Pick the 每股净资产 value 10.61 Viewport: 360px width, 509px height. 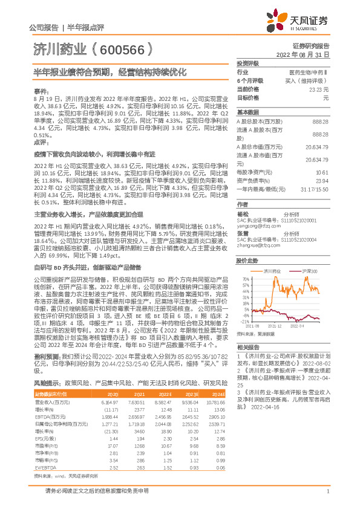pos(322,172)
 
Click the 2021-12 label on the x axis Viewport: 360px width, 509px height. pos(276,326)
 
